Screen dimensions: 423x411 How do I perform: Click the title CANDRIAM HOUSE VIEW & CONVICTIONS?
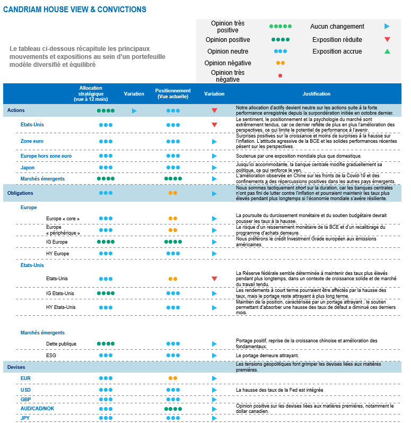pos(75,10)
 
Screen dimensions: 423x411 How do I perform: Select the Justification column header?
pos(316,94)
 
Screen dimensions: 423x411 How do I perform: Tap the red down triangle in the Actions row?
pos(214,110)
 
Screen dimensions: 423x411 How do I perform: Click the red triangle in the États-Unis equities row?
pos(214,125)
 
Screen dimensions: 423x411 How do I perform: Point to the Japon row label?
pos(28,168)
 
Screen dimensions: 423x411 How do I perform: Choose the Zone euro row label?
pos(32,141)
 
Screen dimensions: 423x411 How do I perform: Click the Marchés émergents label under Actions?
pos(42,179)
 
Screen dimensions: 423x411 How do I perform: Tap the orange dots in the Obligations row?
pos(173,193)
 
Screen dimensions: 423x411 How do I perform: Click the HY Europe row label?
pos(58,254)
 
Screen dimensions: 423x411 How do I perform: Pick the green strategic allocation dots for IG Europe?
pos(106,241)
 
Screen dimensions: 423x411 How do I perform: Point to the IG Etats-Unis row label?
pos(60,293)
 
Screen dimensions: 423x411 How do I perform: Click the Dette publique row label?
pos(61,344)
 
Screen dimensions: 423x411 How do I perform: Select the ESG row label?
pos(51,355)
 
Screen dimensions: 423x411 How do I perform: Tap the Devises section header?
pos(16,367)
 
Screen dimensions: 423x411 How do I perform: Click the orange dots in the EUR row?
pos(173,378)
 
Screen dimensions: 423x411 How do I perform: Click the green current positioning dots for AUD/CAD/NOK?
pos(173,409)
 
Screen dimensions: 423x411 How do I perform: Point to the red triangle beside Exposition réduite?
pos(387,39)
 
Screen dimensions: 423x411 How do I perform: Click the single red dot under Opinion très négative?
pos(280,76)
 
